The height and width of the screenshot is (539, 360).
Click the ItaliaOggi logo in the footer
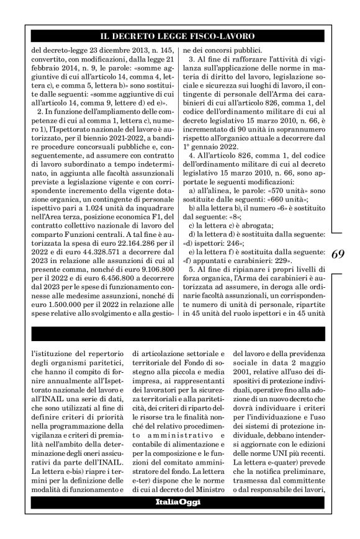point(180,519)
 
